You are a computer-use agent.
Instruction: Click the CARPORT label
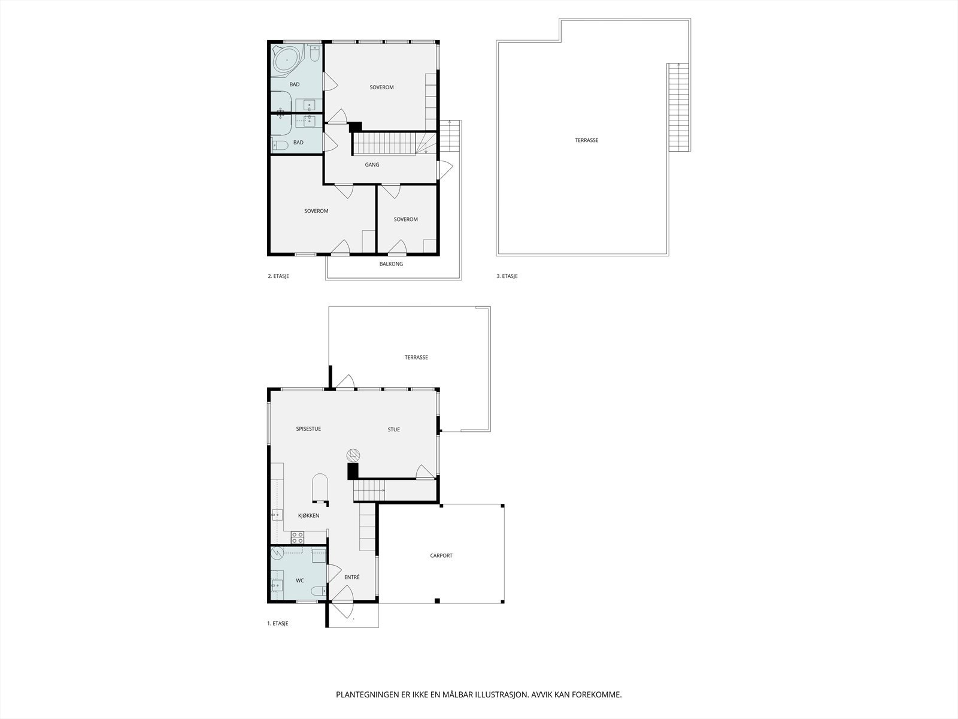tap(441, 555)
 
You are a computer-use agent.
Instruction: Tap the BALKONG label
tap(391, 264)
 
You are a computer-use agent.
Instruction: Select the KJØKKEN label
tap(309, 515)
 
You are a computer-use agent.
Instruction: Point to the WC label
tap(300, 580)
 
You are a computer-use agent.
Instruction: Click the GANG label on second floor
tap(372, 165)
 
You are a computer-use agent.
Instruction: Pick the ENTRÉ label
tap(352, 577)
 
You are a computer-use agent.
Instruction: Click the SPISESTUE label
tap(308, 429)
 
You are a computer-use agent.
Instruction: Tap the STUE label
tap(393, 429)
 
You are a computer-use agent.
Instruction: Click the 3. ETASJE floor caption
tap(507, 276)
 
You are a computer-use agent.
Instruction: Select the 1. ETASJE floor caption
tap(277, 624)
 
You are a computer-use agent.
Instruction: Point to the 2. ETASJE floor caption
tap(278, 276)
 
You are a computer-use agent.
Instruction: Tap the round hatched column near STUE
tap(353, 454)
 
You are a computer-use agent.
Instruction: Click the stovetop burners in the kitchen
tap(298, 537)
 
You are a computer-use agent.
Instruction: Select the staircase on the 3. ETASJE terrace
tap(678, 107)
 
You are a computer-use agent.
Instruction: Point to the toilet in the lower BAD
tap(280, 145)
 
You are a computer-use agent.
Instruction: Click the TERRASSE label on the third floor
tap(586, 140)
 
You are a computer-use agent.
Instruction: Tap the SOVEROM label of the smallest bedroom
tap(405, 219)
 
